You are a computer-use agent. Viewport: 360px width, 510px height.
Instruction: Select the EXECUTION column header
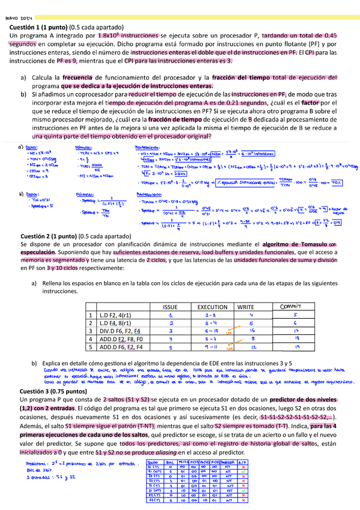212,307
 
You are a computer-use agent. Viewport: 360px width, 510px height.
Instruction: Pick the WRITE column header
245,307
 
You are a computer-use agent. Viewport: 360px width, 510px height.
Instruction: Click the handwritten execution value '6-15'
210,331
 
